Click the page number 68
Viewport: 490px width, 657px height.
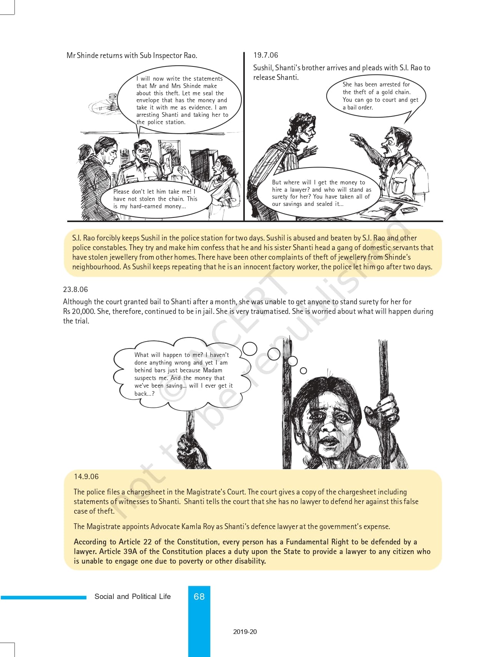199,596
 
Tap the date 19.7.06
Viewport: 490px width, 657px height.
266,55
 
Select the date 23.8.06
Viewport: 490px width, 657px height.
75,289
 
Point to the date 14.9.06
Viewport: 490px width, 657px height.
86,476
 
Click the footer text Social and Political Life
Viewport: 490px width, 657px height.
133,596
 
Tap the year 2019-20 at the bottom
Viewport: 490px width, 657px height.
245,632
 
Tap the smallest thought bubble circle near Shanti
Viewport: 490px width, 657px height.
303,371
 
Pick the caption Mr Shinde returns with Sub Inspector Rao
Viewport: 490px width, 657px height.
132,55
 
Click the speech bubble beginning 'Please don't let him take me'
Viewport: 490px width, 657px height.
155,199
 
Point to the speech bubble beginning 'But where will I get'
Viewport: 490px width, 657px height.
321,193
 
